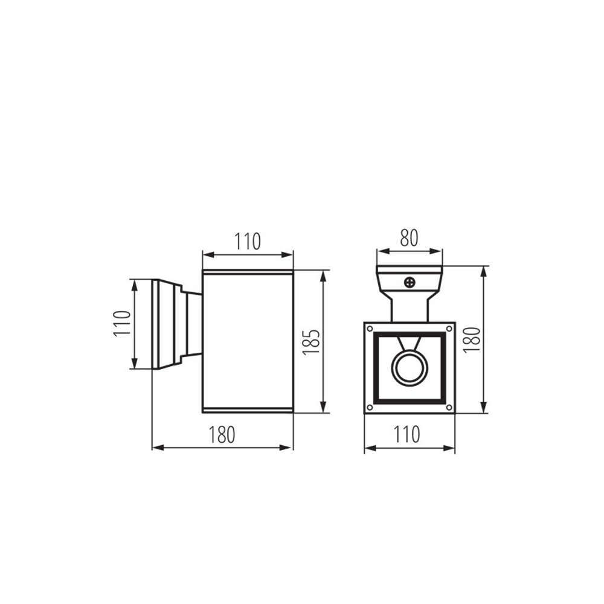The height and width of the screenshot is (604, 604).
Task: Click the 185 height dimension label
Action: (311, 342)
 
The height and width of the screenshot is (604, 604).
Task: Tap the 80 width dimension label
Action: (409, 238)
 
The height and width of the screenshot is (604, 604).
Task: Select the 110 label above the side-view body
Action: (248, 242)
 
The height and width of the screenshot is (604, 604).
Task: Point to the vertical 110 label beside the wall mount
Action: (123, 324)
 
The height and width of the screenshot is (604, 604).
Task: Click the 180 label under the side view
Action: (222, 435)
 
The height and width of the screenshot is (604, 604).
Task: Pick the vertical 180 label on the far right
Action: (472, 339)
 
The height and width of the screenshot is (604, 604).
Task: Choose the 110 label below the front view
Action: (406, 434)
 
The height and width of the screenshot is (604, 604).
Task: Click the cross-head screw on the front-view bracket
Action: (410, 283)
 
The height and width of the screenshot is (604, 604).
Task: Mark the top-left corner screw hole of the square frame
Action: (370, 329)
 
